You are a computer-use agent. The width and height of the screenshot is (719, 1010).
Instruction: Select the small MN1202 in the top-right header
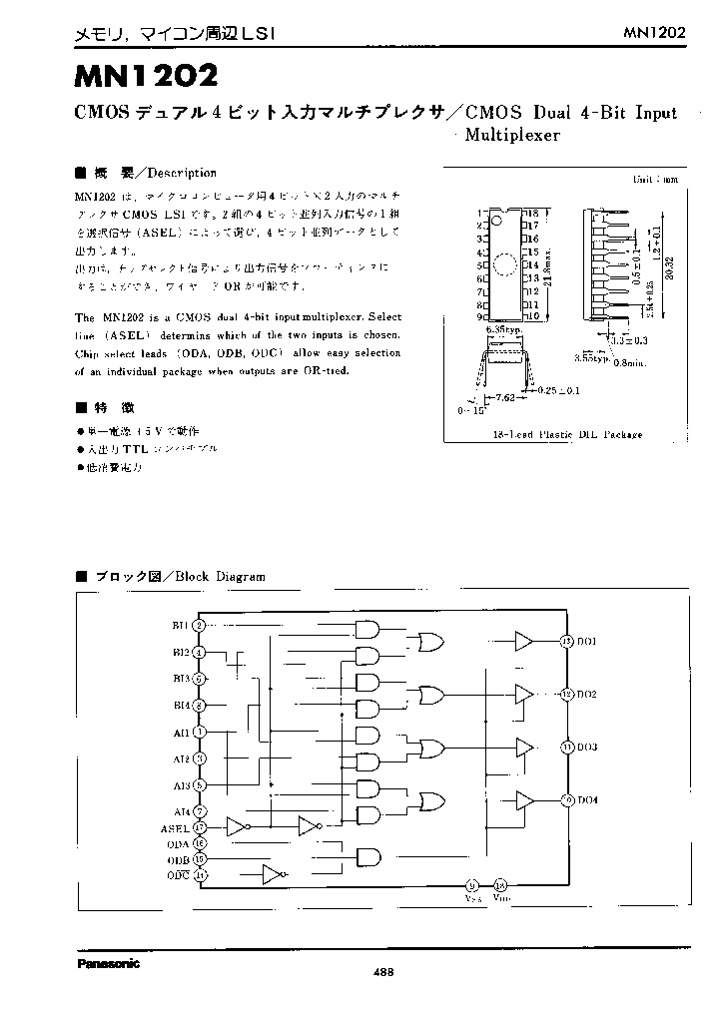[655, 32]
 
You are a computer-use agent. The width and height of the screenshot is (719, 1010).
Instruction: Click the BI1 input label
[181, 625]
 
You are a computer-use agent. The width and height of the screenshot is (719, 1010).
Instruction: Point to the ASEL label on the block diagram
[175, 827]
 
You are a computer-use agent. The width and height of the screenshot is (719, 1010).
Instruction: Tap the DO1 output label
[587, 641]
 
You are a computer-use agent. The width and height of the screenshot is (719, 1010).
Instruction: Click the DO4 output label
[587, 799]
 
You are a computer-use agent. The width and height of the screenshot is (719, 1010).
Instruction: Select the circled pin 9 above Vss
[471, 884]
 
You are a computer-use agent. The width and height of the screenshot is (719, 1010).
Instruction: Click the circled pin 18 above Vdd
[500, 884]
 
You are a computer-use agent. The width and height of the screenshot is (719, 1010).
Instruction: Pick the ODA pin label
[180, 843]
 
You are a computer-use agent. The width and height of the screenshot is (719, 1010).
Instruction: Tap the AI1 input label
[181, 732]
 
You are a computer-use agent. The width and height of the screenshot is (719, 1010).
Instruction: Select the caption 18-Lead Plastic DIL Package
[568, 434]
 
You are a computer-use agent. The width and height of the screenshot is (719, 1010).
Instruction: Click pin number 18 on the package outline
[534, 214]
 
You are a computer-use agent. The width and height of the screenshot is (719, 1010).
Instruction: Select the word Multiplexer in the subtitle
[513, 135]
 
